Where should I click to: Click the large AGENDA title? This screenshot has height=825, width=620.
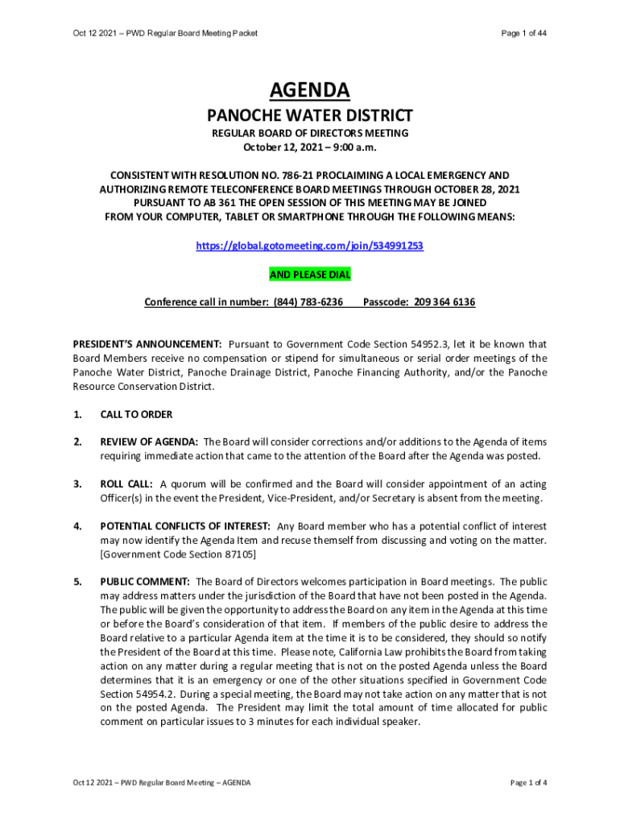pyautogui.click(x=310, y=89)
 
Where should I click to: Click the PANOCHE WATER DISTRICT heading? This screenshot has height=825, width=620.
pyautogui.click(x=310, y=115)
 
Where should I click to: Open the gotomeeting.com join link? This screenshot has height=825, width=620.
pyautogui.click(x=310, y=246)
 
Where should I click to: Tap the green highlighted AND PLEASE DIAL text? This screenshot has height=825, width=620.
pyautogui.click(x=310, y=275)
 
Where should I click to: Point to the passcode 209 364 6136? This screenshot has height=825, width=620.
pyautogui.click(x=444, y=302)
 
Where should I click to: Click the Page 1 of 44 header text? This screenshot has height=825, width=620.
pyautogui.click(x=524, y=33)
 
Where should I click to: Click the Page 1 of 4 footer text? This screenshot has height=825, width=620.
pyautogui.click(x=529, y=782)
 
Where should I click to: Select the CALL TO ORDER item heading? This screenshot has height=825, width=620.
pyautogui.click(x=136, y=415)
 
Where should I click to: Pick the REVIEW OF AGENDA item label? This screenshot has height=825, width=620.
pyautogui.click(x=149, y=442)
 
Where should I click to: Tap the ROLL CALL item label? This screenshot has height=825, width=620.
pyautogui.click(x=127, y=484)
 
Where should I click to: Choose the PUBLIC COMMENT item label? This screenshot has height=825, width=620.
pyautogui.click(x=145, y=582)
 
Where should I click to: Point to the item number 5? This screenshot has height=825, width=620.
pyautogui.click(x=77, y=582)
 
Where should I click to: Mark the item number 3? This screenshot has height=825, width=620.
pyautogui.click(x=77, y=484)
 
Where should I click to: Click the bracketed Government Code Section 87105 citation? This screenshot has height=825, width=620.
pyautogui.click(x=178, y=554)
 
